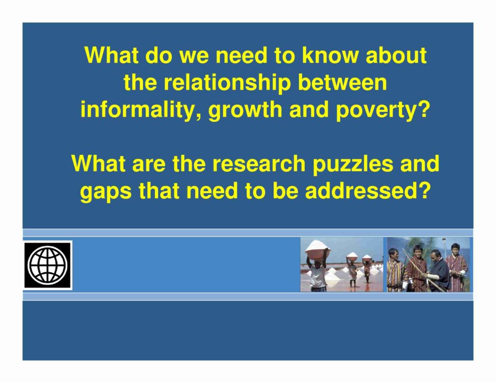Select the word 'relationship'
coord(227,83)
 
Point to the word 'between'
coord(342,82)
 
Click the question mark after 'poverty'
coord(423,109)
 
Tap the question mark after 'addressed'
coord(424,191)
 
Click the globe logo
coord(48,265)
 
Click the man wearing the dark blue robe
coord(438,270)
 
